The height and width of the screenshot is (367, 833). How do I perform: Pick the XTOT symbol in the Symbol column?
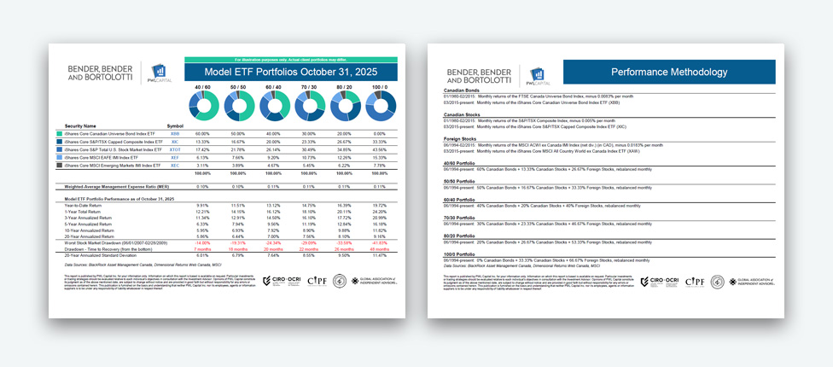point(175,149)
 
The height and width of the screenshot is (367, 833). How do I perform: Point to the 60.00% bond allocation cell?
point(202,134)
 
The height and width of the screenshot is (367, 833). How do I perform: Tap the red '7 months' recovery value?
point(202,248)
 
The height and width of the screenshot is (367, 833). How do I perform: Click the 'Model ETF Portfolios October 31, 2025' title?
point(283,73)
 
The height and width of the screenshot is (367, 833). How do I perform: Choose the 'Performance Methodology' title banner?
point(668,73)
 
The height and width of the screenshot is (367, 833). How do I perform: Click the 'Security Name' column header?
point(78,125)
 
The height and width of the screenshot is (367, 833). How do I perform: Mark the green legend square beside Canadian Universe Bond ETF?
point(59,134)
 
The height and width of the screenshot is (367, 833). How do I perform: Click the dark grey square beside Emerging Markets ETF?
point(59,165)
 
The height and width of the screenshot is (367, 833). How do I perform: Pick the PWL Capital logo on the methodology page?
point(536,75)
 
